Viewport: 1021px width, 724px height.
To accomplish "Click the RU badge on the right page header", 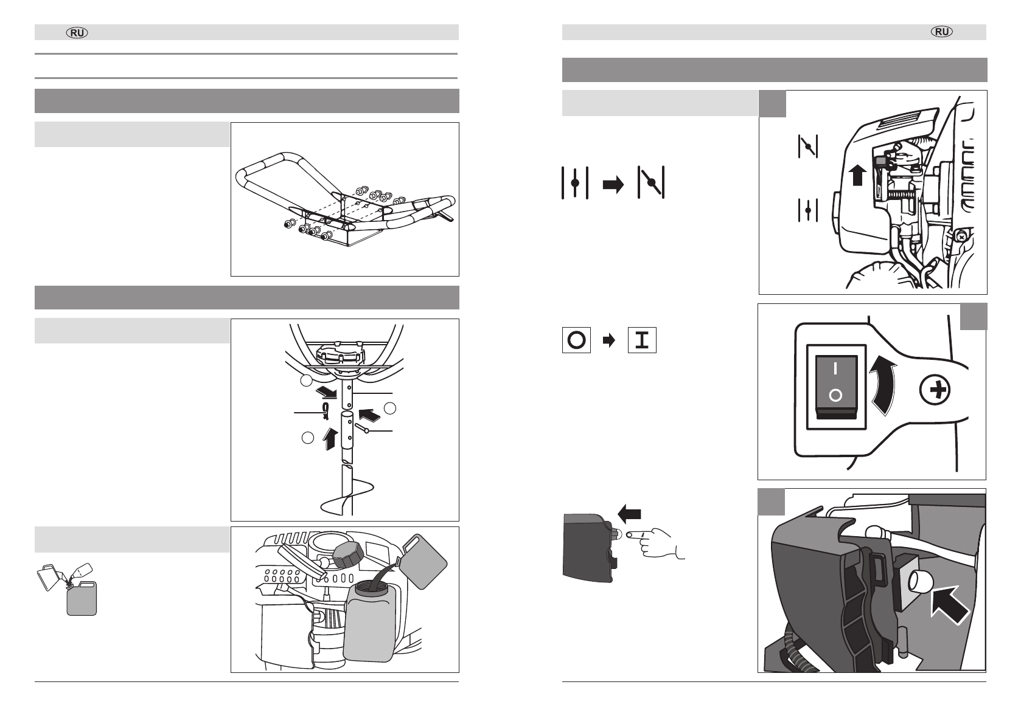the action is pos(943,33).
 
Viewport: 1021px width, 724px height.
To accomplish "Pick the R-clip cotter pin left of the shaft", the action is pos(327,411).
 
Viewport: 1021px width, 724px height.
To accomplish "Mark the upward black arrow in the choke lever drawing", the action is pos(857,175).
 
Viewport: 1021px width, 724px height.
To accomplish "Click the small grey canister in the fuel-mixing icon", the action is pos(82,599).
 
